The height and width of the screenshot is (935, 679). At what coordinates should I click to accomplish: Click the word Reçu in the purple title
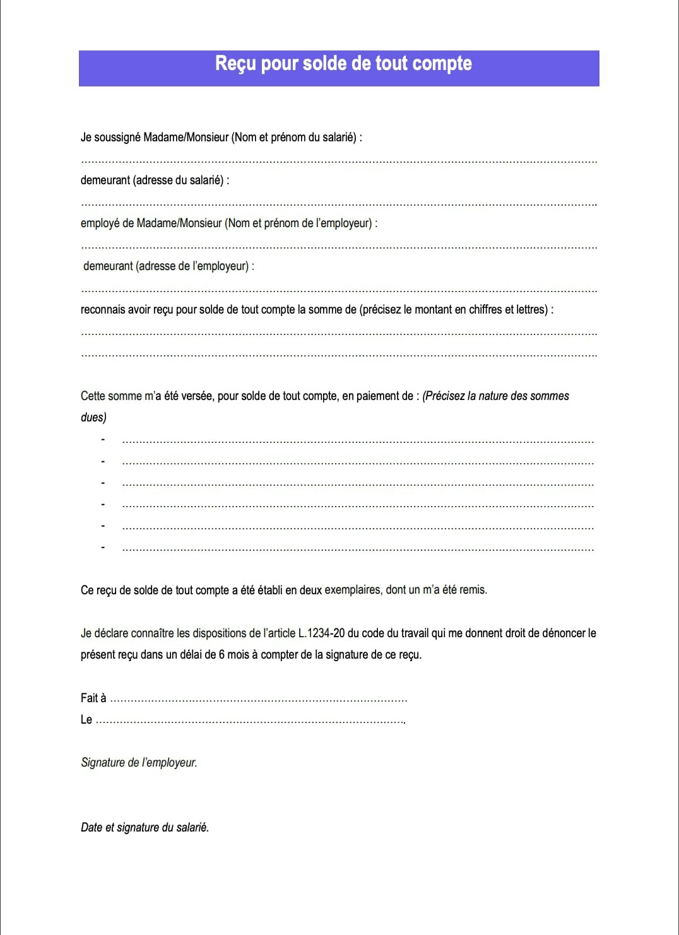pyautogui.click(x=235, y=64)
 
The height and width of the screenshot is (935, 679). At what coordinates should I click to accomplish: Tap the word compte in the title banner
pyautogui.click(x=442, y=64)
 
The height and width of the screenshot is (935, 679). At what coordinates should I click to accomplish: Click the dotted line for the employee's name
pyautogui.click(x=339, y=162)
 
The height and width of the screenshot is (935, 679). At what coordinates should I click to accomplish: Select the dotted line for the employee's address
pyautogui.click(x=339, y=205)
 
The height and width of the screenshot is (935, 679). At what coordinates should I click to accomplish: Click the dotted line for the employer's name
pyautogui.click(x=339, y=248)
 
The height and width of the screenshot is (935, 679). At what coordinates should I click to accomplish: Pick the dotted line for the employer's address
pyautogui.click(x=339, y=291)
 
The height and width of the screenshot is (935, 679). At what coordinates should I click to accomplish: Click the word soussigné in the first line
pyautogui.click(x=117, y=138)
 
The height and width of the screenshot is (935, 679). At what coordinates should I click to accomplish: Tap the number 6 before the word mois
pyautogui.click(x=221, y=655)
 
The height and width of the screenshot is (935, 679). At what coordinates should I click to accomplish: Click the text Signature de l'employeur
pyautogui.click(x=139, y=763)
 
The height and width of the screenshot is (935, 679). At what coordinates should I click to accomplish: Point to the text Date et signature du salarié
pyautogui.click(x=145, y=828)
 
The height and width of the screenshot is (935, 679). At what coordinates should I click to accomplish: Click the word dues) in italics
pyautogui.click(x=93, y=418)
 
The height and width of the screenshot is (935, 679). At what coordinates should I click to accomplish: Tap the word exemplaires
pyautogui.click(x=353, y=590)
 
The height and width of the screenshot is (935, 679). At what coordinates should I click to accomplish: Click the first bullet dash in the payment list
pyautogui.click(x=103, y=440)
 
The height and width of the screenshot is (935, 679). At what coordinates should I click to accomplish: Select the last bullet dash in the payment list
pyautogui.click(x=103, y=547)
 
